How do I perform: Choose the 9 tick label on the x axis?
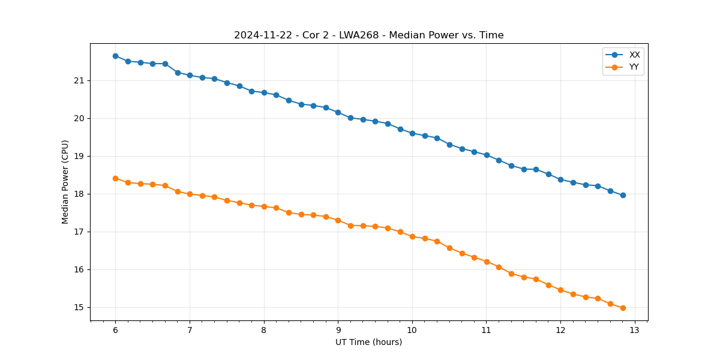[x=338, y=330]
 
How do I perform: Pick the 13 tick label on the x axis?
[x=635, y=330]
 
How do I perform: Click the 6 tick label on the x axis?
[x=115, y=330]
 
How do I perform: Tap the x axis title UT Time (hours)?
[x=368, y=342]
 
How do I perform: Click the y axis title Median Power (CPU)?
[x=65, y=182]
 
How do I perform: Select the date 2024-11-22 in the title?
[x=262, y=35]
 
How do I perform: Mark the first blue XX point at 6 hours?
[x=115, y=56]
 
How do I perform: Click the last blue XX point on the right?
[x=623, y=195]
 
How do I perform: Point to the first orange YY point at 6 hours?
[x=115, y=178]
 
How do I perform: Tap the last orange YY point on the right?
[x=623, y=308]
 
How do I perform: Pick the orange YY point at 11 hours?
[x=487, y=262]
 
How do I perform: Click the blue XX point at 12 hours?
[x=560, y=179]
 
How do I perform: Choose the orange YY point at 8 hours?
[x=264, y=206]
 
